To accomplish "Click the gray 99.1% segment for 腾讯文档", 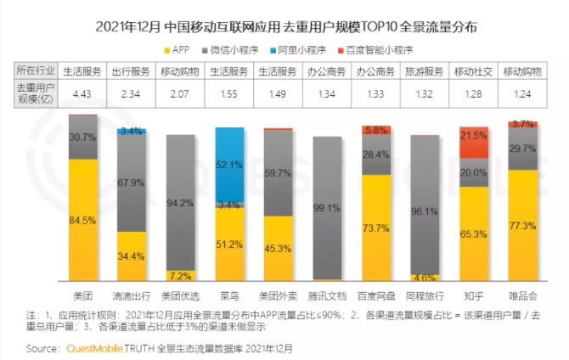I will coord(327,207).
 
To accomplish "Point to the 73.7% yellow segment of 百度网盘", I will coord(376,228).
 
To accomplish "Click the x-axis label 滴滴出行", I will coord(132,295).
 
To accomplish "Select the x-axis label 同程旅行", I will coord(425,295).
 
